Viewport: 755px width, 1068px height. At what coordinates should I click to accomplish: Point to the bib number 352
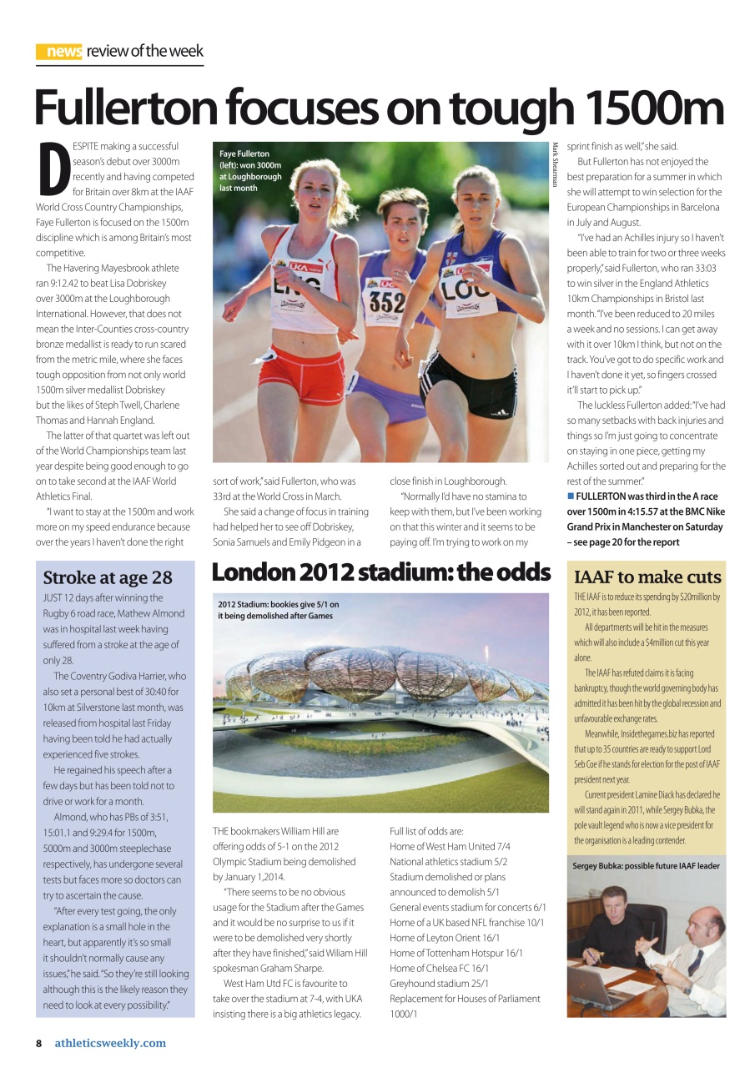(x=388, y=301)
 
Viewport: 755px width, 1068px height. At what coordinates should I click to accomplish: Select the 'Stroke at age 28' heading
(x=108, y=577)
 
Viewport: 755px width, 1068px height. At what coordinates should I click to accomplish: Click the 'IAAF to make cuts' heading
(x=647, y=577)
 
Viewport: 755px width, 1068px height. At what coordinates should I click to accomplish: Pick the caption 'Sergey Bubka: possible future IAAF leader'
(x=646, y=865)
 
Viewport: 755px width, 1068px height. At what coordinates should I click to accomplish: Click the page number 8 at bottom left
(x=38, y=1043)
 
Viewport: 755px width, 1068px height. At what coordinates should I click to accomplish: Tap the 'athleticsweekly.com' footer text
(x=110, y=1043)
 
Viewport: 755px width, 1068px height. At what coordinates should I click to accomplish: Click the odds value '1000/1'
(x=404, y=1014)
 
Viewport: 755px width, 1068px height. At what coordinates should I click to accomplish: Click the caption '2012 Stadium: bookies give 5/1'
(x=279, y=610)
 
